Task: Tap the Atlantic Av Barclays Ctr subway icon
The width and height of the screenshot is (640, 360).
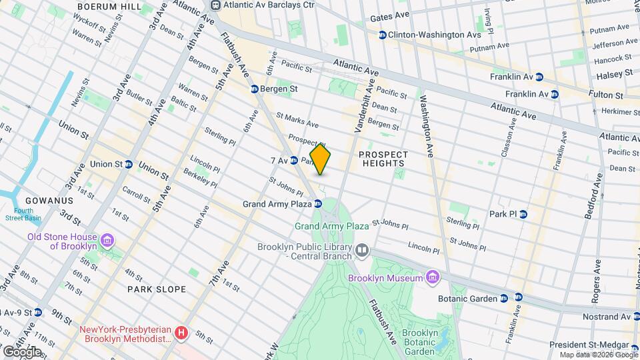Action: [x=215, y=5]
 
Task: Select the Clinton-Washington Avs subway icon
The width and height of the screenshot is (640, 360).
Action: [x=383, y=35]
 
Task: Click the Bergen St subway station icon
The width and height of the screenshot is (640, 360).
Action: [x=254, y=89]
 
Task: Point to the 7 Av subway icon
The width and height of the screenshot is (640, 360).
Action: [x=293, y=161]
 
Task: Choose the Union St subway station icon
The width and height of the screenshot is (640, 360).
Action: [x=129, y=164]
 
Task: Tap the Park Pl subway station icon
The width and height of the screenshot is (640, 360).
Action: [x=523, y=214]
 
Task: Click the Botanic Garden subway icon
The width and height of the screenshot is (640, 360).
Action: [x=503, y=299]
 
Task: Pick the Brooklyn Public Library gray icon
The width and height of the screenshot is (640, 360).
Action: [x=362, y=250]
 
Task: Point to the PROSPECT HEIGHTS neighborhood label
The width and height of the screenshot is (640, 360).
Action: [x=382, y=158]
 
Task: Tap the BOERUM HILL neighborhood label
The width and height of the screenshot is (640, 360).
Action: [x=109, y=6]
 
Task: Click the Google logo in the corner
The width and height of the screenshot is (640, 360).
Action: [x=21, y=351]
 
